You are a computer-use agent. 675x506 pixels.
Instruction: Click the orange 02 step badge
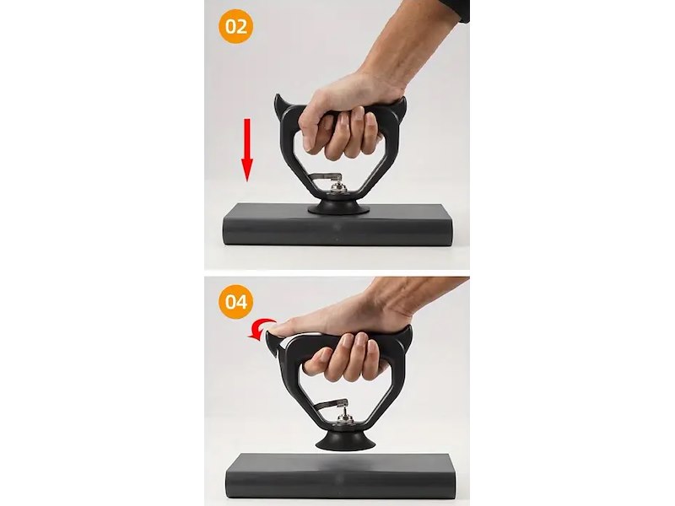236,26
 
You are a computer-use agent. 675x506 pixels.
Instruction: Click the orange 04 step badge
236,301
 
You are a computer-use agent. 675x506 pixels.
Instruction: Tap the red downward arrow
246,150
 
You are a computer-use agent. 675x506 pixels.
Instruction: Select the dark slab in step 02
338,225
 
